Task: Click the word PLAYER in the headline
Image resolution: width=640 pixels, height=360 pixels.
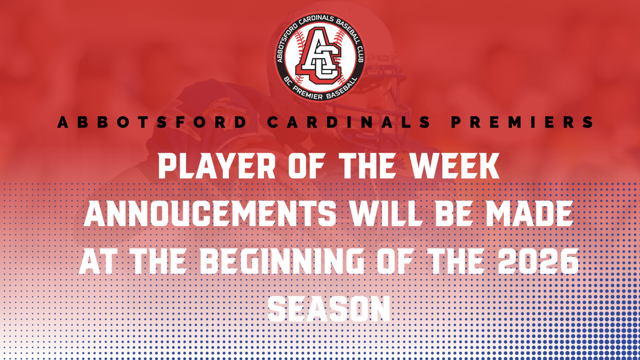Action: [216, 166]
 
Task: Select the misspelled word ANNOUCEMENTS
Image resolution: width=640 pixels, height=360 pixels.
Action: [210, 213]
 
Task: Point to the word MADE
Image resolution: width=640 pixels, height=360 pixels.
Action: [530, 213]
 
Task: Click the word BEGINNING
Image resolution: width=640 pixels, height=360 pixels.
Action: [282, 261]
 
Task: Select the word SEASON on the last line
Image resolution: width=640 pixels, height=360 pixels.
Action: [328, 309]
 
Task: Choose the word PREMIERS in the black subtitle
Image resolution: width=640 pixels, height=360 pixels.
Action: [522, 122]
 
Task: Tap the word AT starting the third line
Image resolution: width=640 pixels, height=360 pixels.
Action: [97, 261]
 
